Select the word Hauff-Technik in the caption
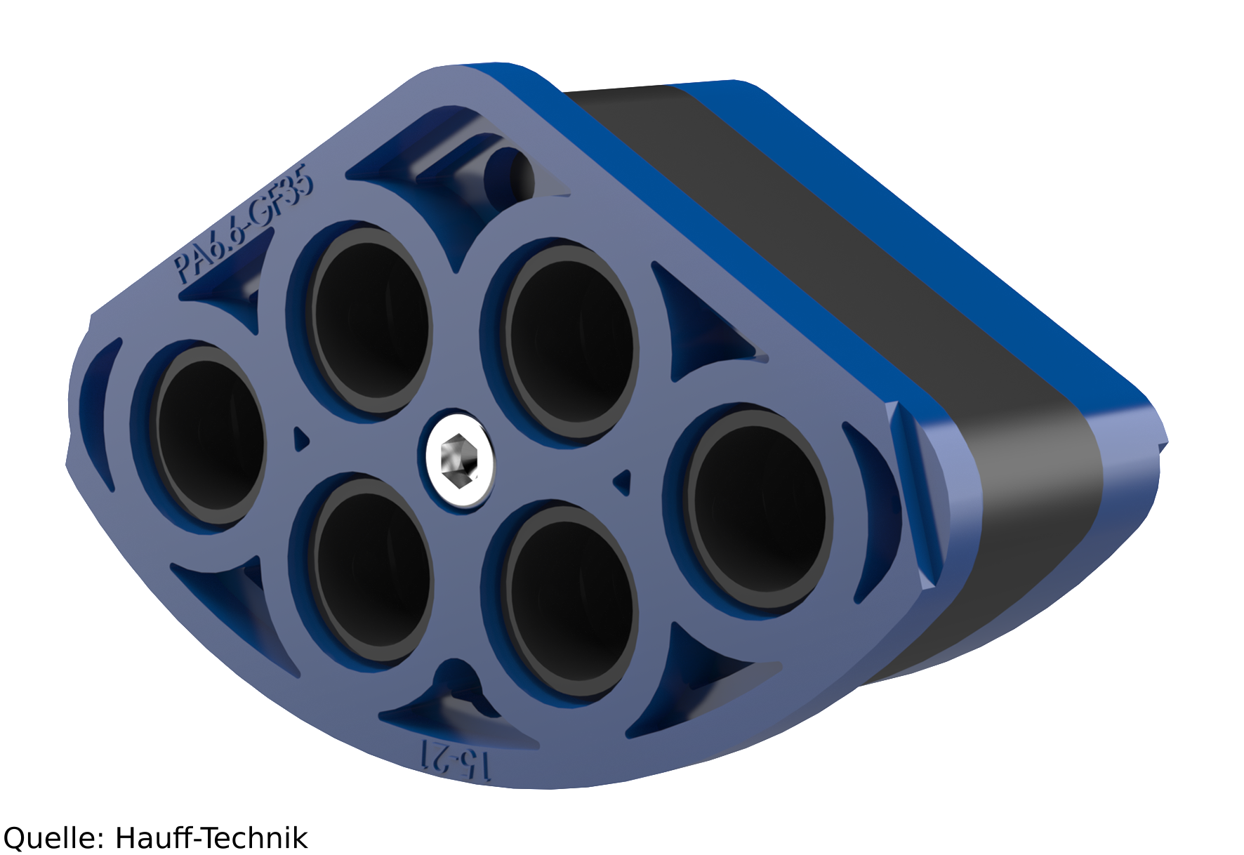[x=211, y=837]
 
